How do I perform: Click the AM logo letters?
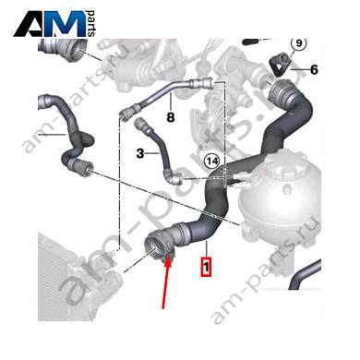click(50, 24)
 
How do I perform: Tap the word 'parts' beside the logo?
click(91, 24)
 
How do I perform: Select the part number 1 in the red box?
click(206, 267)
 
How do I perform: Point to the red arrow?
click(166, 282)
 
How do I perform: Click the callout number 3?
click(140, 153)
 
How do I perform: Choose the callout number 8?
click(171, 117)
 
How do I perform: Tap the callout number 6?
click(314, 70)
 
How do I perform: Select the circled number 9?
click(299, 43)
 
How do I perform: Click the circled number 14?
click(212, 161)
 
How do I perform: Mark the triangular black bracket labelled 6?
click(280, 64)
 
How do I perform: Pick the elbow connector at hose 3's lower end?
click(174, 177)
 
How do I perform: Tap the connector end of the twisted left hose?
click(80, 168)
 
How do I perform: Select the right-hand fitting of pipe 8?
click(200, 83)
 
